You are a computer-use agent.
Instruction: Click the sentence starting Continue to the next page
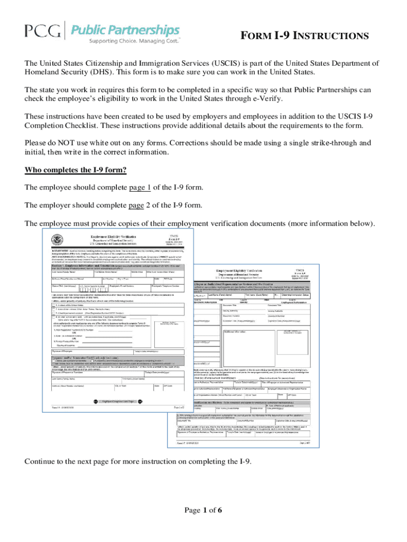coord(137,462)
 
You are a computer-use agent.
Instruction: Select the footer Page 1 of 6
coord(203,511)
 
